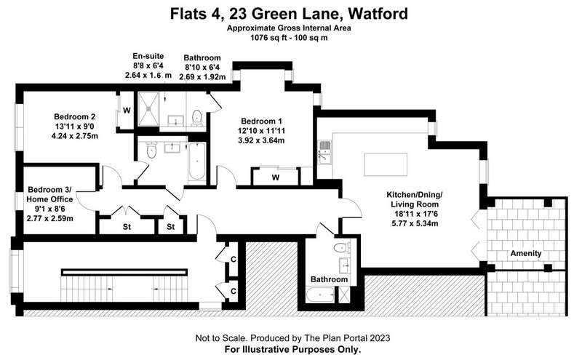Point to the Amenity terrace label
pyautogui.click(x=525, y=254)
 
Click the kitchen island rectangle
pyautogui.click(x=386, y=164)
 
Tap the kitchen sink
pyautogui.click(x=324, y=151)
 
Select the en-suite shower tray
pyautogui.click(x=148, y=109)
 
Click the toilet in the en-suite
pyautogui.click(x=196, y=118)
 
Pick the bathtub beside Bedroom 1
pyautogui.click(x=196, y=161)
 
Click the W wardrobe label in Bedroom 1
pyautogui.click(x=276, y=177)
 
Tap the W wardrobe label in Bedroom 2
pyautogui.click(x=127, y=111)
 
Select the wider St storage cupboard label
pyautogui.click(x=127, y=226)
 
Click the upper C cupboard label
pyautogui.click(x=233, y=259)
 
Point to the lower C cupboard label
pyautogui.click(x=233, y=291)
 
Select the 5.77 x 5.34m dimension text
pyautogui.click(x=415, y=223)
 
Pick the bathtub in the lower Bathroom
pyautogui.click(x=321, y=295)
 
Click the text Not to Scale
pyautogui.click(x=221, y=338)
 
